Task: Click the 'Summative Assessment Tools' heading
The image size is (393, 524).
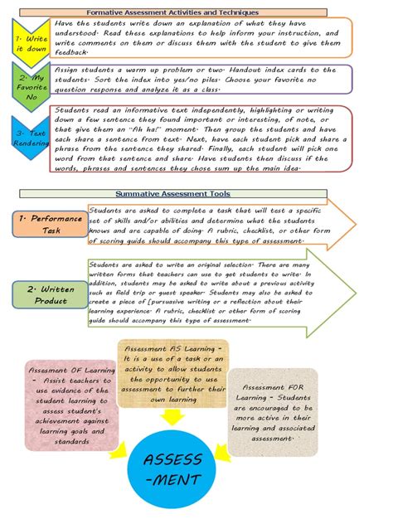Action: click(x=196, y=193)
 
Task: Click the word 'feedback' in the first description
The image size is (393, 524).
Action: click(x=71, y=51)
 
